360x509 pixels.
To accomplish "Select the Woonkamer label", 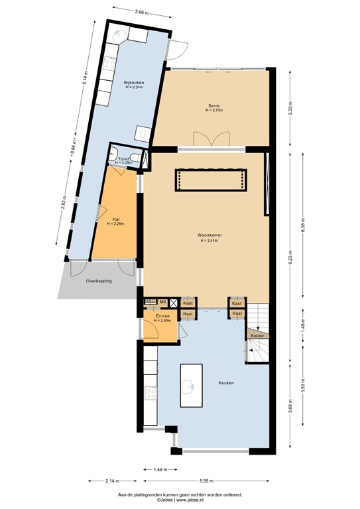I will click(209, 235).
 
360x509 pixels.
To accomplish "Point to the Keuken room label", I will click(227, 383).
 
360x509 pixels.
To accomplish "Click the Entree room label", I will click(162, 317).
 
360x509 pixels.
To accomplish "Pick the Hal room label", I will click(115, 219).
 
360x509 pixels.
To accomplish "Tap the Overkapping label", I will click(98, 281).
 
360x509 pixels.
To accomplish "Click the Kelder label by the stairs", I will click(256, 336).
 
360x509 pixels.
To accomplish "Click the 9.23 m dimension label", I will click(290, 262).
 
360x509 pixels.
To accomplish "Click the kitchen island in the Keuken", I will click(189, 386).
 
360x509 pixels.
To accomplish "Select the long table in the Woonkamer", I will click(211, 180).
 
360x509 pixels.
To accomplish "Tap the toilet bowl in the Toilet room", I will click(135, 156).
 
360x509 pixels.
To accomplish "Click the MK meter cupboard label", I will click(162, 302).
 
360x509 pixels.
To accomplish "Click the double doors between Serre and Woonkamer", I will click(210, 140).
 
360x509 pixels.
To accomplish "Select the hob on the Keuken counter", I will click(150, 392).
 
